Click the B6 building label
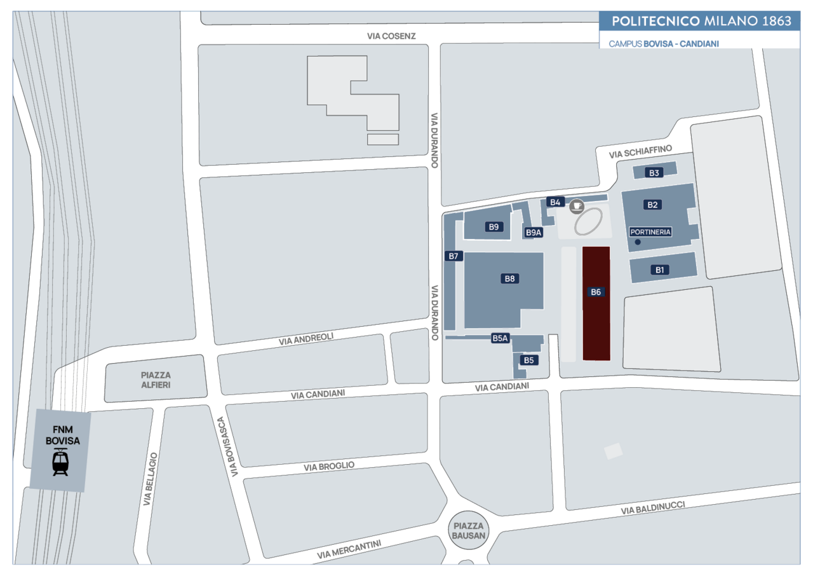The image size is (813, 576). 596,292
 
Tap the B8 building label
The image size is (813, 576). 509,278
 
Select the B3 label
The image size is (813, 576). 654,173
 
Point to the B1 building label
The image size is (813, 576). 660,270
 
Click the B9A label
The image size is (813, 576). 534,233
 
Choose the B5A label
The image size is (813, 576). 500,338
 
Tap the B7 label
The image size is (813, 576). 454,256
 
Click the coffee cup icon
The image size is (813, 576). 577,206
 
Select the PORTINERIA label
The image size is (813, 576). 650,232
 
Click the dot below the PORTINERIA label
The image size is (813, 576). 638,242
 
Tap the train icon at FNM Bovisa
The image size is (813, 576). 60,462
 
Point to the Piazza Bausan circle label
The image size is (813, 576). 469,531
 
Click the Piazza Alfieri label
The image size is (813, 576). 156,380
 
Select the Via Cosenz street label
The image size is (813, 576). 391,36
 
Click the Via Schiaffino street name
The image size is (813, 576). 641,152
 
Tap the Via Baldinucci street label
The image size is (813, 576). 653,508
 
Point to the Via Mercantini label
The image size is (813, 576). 349,549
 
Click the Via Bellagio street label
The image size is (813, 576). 151,479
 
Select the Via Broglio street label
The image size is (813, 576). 329,466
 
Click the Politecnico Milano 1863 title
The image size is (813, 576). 702,21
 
